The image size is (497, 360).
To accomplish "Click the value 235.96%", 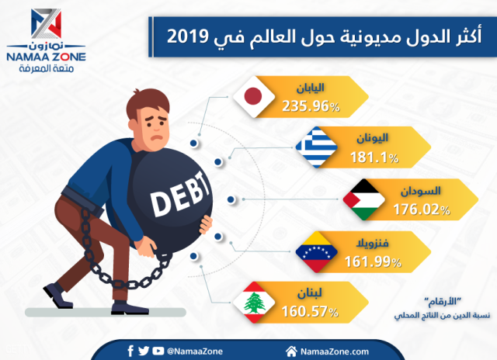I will pyautogui.click(x=308, y=106).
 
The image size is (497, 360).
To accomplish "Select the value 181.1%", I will pyautogui.click(x=376, y=157).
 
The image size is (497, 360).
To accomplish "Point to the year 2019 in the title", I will pyautogui.click(x=190, y=35).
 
